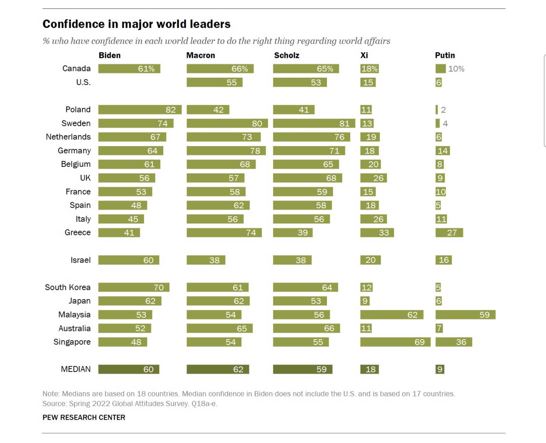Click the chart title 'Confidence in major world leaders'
tap(136, 24)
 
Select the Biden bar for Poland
tap(140, 110)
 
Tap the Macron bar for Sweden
tap(227, 123)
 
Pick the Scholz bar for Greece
tap(293, 233)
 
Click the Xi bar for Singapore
tap(395, 342)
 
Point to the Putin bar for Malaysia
tap(465, 315)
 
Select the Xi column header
tap(364, 55)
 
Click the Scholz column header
tap(287, 55)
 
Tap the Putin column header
tap(445, 55)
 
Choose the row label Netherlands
tap(68, 137)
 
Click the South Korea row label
tap(67, 287)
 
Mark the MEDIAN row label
tap(76, 369)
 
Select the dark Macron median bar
tap(218, 369)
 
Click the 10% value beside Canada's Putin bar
tap(456, 69)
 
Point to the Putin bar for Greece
tap(449, 233)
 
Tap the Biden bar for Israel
tap(129, 260)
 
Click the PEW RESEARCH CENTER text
tap(84, 417)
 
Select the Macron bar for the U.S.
tap(214, 83)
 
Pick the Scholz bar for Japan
tap(300, 301)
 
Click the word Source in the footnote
tap(54, 404)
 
